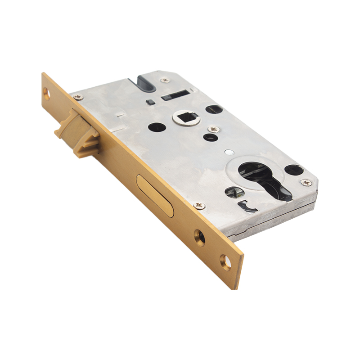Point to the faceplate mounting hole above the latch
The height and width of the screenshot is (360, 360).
(46, 93)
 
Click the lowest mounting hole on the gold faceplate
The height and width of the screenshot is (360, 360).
(225, 261)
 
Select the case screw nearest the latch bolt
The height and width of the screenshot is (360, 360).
(78, 97)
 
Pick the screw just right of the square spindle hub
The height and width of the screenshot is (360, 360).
(212, 129)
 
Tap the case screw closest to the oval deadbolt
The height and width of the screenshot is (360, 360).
(199, 206)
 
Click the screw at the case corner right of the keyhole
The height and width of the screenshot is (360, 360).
(306, 182)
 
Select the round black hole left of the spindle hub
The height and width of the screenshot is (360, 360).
(157, 127)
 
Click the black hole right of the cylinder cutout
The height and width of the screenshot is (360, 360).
(293, 170)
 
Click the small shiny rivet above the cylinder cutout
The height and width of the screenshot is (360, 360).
(230, 151)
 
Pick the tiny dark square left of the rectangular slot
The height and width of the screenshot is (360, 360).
(152, 102)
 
